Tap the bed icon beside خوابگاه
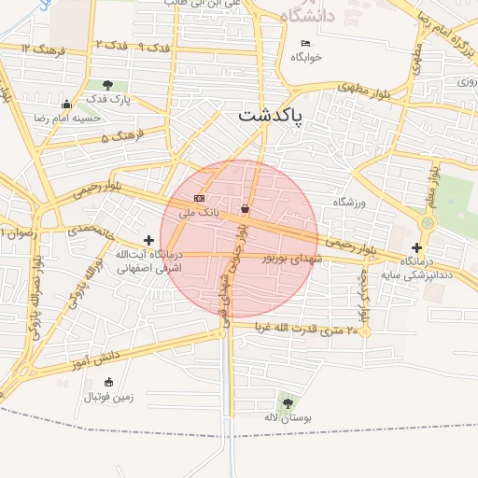305,43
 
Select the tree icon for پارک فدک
109,85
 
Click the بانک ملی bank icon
199,199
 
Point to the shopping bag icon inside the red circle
246,207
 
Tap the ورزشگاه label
353,203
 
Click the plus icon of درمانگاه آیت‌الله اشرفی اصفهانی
148,241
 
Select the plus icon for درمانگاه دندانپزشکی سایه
416,247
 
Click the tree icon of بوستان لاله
287,403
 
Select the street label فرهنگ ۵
119,137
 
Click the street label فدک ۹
156,46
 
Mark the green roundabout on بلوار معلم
428,223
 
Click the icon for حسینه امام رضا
66,104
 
